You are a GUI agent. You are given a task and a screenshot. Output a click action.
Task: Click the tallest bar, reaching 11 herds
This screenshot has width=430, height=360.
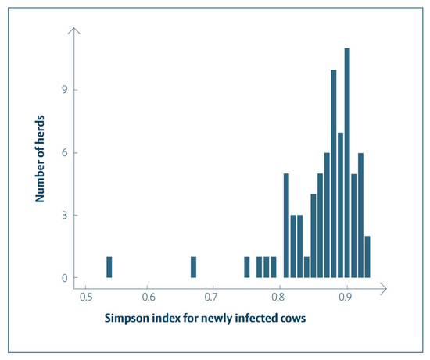coord(347,163)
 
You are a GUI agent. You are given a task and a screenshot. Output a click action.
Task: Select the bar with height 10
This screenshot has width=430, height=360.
coord(334,173)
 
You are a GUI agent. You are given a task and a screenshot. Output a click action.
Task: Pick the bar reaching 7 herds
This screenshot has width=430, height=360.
coord(340,205)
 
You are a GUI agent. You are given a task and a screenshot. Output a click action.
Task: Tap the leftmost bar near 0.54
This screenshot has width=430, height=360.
coord(109,267)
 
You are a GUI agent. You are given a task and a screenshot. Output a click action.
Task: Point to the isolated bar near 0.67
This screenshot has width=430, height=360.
coord(193,267)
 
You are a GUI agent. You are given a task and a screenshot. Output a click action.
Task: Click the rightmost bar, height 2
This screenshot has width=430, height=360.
coord(367,257)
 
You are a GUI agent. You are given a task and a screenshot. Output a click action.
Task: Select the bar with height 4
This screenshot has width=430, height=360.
coord(314,236)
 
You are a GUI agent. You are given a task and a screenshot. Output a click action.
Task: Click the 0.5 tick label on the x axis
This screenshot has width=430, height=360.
coord(86,297)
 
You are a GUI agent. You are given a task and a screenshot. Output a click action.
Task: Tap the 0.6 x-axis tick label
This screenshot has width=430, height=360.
coord(149,297)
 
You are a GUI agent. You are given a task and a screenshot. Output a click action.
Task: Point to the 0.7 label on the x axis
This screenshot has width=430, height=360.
coord(211,297)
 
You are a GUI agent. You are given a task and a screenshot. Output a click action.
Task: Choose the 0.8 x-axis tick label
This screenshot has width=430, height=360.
coord(278,297)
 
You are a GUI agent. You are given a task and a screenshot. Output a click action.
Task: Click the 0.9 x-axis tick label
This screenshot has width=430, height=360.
coord(346,297)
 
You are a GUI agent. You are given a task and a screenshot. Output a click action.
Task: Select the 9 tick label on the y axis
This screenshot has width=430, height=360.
coord(65,90)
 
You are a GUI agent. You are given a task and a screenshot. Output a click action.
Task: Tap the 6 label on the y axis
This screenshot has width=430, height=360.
coord(65,152)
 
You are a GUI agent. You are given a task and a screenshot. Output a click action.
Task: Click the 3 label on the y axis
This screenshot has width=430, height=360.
coord(65,215)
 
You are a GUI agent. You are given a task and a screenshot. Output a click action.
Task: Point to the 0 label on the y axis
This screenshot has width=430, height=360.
coord(65,278)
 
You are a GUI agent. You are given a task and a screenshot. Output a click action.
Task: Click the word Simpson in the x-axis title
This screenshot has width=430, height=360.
coord(127,319)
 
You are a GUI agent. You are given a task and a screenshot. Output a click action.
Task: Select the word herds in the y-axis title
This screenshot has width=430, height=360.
coord(40,129)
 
